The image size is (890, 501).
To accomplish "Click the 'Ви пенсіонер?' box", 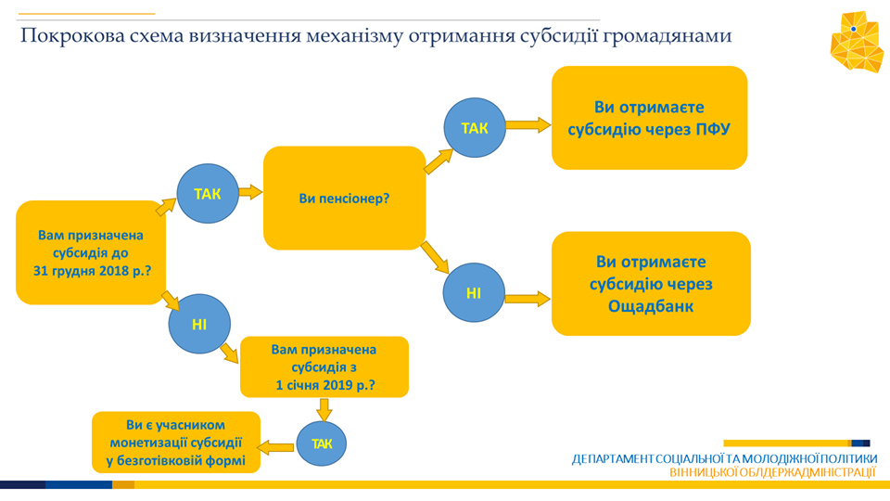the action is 345,199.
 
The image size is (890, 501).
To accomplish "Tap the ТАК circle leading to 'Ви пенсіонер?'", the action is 208,194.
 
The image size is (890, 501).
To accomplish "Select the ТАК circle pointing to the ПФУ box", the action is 475,128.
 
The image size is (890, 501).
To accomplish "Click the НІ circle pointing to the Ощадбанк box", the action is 474,292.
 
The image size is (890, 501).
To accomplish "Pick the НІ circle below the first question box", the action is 199,324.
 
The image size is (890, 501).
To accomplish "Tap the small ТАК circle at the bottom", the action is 322,443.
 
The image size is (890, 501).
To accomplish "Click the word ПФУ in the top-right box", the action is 713,130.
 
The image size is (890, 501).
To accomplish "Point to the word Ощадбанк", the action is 651,307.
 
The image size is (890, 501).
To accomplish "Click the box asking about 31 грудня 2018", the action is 91,252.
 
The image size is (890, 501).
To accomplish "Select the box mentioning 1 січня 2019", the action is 324,367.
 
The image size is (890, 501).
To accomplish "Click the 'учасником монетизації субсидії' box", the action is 176,443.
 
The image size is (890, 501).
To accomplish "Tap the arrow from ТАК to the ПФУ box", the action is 528,125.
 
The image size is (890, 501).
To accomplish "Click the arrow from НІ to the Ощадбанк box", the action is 528,299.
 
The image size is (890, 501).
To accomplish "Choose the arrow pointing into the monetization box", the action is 276,447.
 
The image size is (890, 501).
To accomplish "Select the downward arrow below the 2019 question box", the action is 324,409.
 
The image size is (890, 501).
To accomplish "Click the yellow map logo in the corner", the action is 857,42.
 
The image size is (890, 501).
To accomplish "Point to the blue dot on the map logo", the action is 853,29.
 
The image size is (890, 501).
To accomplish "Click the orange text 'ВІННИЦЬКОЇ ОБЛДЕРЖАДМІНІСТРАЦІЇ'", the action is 773,472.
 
